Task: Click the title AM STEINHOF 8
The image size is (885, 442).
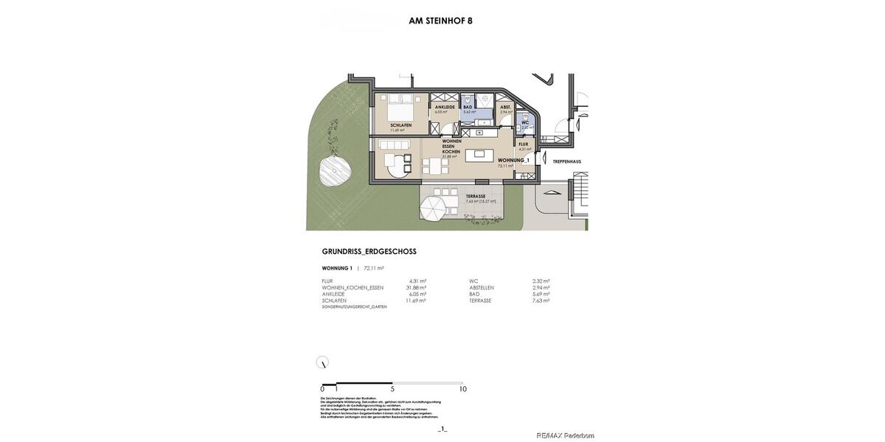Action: pos(440,21)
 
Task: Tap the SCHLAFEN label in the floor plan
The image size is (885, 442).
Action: pos(400,125)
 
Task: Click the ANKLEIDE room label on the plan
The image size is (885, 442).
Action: pos(444,108)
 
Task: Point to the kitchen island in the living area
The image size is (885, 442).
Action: pos(480,154)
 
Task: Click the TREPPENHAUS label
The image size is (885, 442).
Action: pos(567,161)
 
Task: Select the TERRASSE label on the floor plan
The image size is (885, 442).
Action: pos(476,196)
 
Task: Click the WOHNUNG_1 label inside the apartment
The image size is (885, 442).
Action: pos(513,160)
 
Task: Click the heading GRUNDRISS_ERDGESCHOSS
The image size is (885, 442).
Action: pos(369,252)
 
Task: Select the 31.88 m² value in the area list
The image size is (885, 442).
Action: pos(416,287)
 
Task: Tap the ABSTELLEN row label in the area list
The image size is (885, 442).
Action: pos(482,287)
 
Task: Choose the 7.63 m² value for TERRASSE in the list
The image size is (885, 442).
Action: pos(541,301)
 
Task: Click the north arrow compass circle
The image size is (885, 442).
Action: pos(322,362)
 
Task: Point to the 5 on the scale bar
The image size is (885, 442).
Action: pos(392,389)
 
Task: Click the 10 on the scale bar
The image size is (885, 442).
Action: pos(462,389)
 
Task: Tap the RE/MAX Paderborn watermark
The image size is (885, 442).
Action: pos(565,435)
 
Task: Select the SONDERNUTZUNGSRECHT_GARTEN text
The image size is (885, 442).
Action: pos(354,306)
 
